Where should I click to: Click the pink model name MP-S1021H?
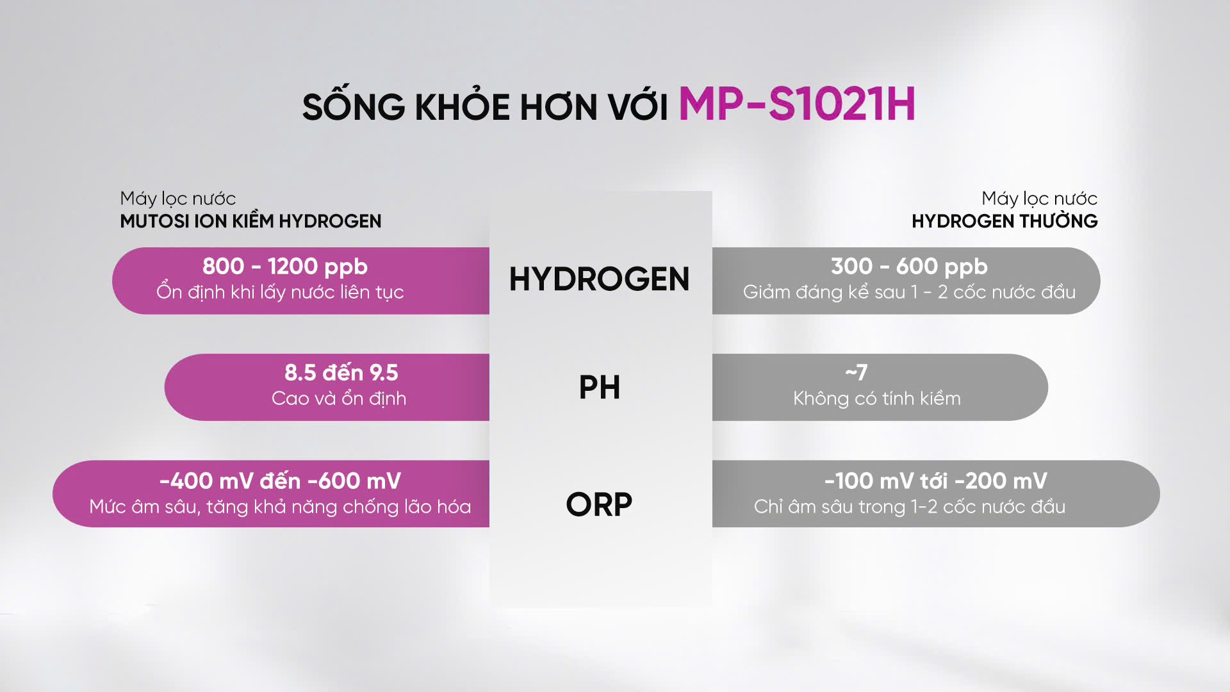tap(797, 104)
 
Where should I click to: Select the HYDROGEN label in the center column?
tap(599, 279)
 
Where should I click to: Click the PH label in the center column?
tap(600, 388)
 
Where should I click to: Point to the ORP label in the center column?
tap(599, 504)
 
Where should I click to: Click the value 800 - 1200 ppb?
tap(285, 267)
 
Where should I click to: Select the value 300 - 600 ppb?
tap(909, 267)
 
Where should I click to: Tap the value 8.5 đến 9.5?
tap(341, 372)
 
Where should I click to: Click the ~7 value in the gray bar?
tap(857, 372)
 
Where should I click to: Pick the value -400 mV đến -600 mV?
tap(280, 481)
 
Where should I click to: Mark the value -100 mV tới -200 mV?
tap(936, 481)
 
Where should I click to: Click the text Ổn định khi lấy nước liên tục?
tap(280, 292)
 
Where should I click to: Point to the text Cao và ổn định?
tap(339, 399)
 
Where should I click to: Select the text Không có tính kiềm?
tap(877, 399)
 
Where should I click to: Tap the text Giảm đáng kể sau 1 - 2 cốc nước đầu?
tap(909, 292)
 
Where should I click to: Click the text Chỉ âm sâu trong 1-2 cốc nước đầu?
tap(910, 507)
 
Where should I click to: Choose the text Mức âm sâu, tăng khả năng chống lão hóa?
tap(280, 507)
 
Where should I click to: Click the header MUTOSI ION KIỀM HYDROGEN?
tap(250, 221)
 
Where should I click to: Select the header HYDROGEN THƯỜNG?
tap(1004, 220)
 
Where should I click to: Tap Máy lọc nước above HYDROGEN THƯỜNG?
tap(1039, 199)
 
